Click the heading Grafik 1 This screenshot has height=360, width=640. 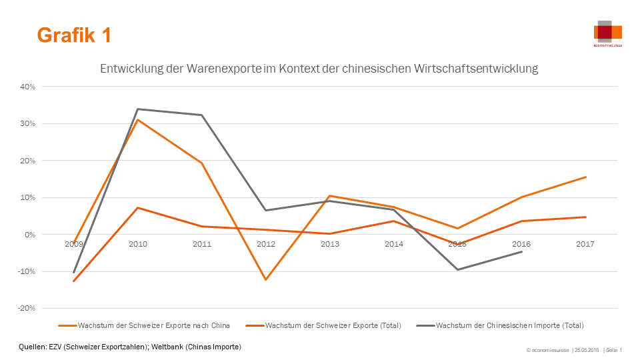pos(73,35)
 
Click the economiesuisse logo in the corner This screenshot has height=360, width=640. pos(607,34)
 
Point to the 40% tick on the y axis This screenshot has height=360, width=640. pos(27,87)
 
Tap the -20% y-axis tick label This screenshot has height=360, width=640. pos(26,309)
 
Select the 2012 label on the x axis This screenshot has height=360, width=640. pos(266,244)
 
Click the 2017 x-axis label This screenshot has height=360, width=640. pos(585,244)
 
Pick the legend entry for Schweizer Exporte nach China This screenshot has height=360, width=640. pos(153,326)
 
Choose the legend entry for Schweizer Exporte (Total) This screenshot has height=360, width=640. pos(333,326)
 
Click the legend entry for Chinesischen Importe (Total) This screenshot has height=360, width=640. pos(509,326)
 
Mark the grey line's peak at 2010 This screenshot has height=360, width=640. pos(138,109)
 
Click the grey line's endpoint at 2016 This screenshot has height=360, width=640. pos(521,252)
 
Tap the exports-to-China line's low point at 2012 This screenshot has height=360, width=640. pos(266,279)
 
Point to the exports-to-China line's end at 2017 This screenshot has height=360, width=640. pos(586,177)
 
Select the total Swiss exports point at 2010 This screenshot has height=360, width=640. pos(138,208)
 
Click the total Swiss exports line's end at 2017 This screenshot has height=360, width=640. pos(586,217)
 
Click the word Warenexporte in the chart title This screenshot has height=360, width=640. pos(224,69)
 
